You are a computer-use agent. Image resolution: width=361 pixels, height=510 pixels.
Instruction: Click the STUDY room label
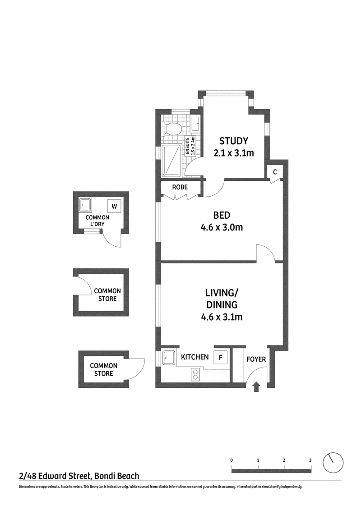(233, 141)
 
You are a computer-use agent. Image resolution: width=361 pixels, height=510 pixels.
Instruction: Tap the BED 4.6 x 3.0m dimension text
(222, 227)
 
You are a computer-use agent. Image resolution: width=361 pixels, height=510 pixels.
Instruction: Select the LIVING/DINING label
(222, 299)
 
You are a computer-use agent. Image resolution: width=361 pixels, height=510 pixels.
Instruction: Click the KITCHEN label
(194, 357)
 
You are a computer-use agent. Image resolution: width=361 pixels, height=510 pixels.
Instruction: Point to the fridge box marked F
(220, 358)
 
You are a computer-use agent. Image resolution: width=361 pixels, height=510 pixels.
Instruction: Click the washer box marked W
(114, 206)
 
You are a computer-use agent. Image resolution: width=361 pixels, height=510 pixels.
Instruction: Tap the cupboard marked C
(275, 172)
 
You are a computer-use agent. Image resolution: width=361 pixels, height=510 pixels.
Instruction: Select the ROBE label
(180, 187)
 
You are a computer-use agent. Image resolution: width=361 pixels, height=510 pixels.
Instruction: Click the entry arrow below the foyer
(256, 387)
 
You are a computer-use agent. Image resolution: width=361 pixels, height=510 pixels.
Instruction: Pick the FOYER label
(256, 359)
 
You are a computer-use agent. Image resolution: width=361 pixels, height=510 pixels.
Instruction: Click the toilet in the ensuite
(173, 129)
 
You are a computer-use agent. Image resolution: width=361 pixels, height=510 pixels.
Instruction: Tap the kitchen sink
(169, 358)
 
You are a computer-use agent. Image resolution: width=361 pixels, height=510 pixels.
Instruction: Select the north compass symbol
(333, 462)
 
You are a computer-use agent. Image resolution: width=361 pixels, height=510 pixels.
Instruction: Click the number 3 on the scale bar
(310, 460)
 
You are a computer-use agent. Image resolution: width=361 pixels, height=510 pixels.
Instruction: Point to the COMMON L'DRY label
(97, 221)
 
